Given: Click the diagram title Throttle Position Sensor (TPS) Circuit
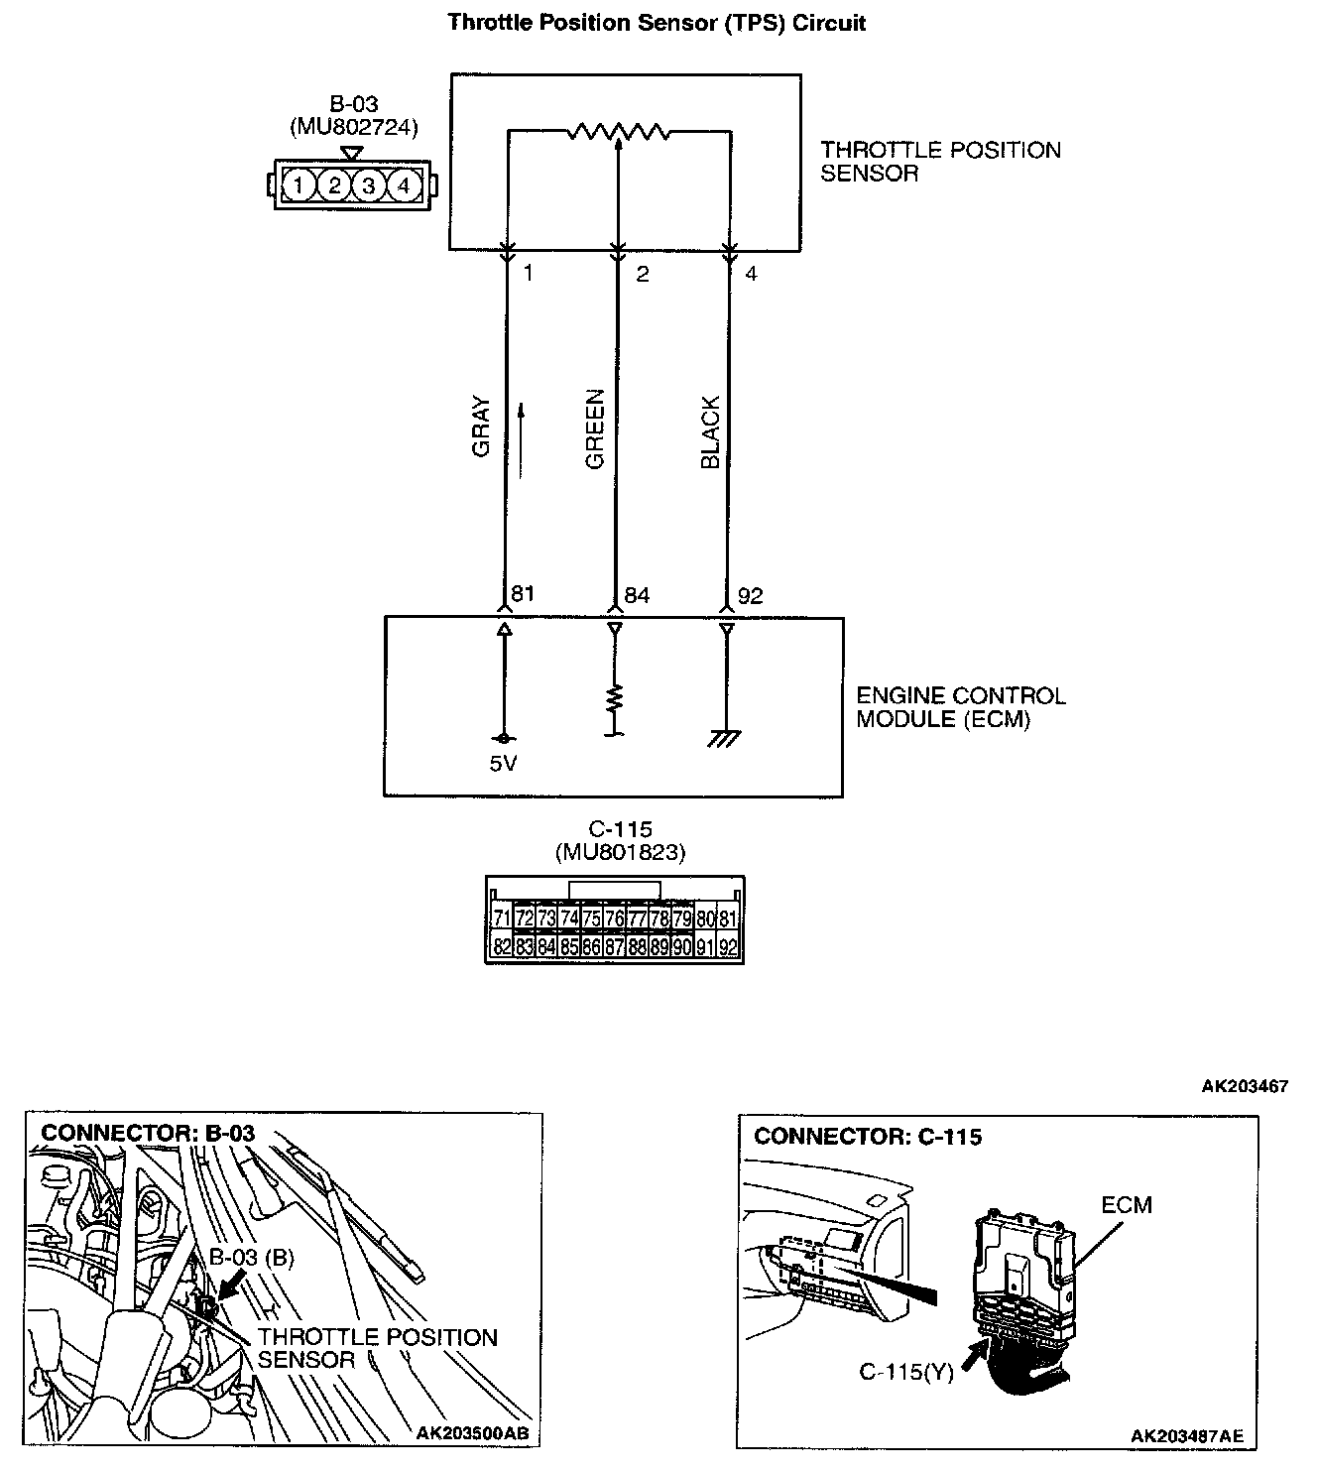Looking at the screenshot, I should pos(657,23).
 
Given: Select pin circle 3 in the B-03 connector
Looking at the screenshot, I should pos(368,184).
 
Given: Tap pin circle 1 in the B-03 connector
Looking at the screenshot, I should pos(299,184).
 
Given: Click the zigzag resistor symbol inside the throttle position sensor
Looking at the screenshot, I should pos(619,131).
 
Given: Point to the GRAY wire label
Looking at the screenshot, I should pos(482,427).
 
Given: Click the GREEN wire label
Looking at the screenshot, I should pos(595,429).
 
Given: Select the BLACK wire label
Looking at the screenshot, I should pos(710,432).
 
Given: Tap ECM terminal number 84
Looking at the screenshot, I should pos(636,595).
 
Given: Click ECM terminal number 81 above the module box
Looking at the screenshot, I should pos(522,594).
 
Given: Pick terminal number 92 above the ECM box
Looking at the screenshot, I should pos(751,595).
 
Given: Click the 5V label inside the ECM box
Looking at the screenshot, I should pos(503,764).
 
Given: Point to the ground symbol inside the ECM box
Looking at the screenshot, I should pos(726,738).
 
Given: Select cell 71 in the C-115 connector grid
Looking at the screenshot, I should pos(502,919).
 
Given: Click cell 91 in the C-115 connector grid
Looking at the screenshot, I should pos(705,946).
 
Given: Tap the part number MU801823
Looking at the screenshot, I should pos(620,851).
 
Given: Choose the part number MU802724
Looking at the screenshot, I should pos(354,127).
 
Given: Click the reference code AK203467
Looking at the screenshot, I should pos(1245,1086).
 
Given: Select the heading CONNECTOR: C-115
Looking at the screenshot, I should pos(868,1137).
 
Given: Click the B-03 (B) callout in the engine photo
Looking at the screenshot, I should pos(251,1257).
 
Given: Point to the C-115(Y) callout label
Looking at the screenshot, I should pos(905,1373).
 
